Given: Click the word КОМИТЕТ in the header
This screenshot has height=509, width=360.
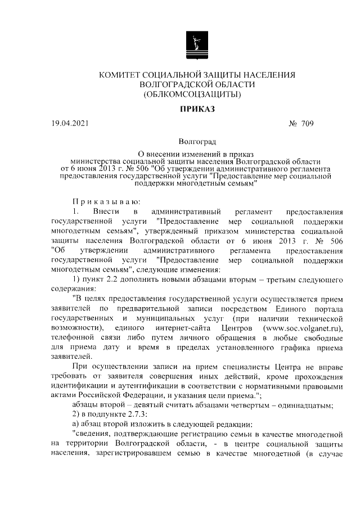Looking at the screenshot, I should (121, 74).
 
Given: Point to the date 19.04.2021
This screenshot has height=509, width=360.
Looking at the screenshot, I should (70, 123).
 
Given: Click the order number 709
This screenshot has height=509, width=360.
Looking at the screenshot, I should (307, 123).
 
